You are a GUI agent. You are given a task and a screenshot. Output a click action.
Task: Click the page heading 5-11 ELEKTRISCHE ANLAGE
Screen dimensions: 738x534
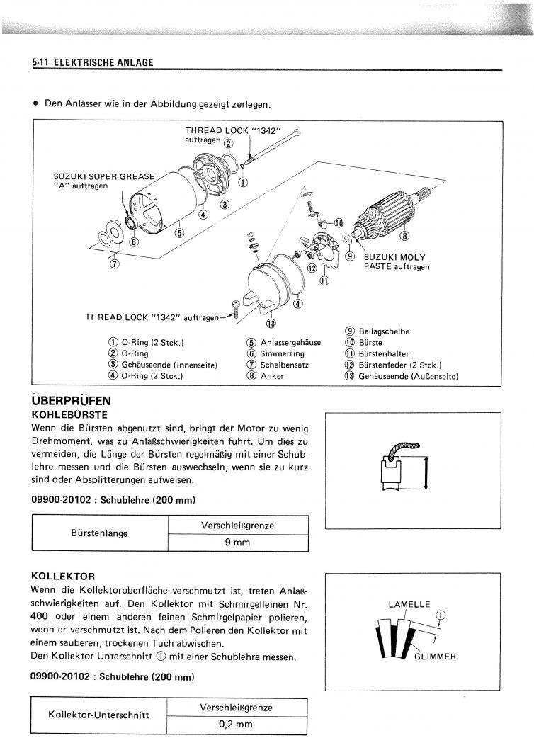pyautogui.click(x=92, y=62)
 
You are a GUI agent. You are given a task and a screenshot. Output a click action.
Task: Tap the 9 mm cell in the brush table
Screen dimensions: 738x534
pyautogui.click(x=238, y=543)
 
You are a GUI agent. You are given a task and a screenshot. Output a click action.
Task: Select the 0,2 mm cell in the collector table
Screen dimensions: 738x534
pyautogui.click(x=237, y=725)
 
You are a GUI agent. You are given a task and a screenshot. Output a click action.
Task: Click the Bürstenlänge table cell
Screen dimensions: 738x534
pyautogui.click(x=100, y=533)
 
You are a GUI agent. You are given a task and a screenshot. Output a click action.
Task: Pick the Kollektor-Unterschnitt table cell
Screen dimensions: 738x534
pyautogui.click(x=98, y=715)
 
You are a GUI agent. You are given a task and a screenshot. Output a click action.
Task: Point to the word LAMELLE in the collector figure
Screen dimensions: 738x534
pyautogui.click(x=409, y=604)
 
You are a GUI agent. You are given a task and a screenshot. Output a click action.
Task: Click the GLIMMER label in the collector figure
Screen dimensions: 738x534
pyautogui.click(x=435, y=656)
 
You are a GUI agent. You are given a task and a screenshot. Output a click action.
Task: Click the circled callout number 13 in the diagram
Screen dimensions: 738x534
pyautogui.click(x=271, y=324)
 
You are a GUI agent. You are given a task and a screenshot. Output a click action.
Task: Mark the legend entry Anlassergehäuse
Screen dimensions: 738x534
pyautogui.click(x=290, y=343)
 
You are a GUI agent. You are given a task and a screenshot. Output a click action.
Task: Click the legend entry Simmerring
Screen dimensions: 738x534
pyautogui.click(x=282, y=354)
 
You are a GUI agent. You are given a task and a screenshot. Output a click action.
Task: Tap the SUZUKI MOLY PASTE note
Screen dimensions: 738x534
pyautogui.click(x=397, y=262)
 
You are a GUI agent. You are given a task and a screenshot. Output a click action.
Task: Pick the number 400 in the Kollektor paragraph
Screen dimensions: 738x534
pyautogui.click(x=40, y=616)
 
